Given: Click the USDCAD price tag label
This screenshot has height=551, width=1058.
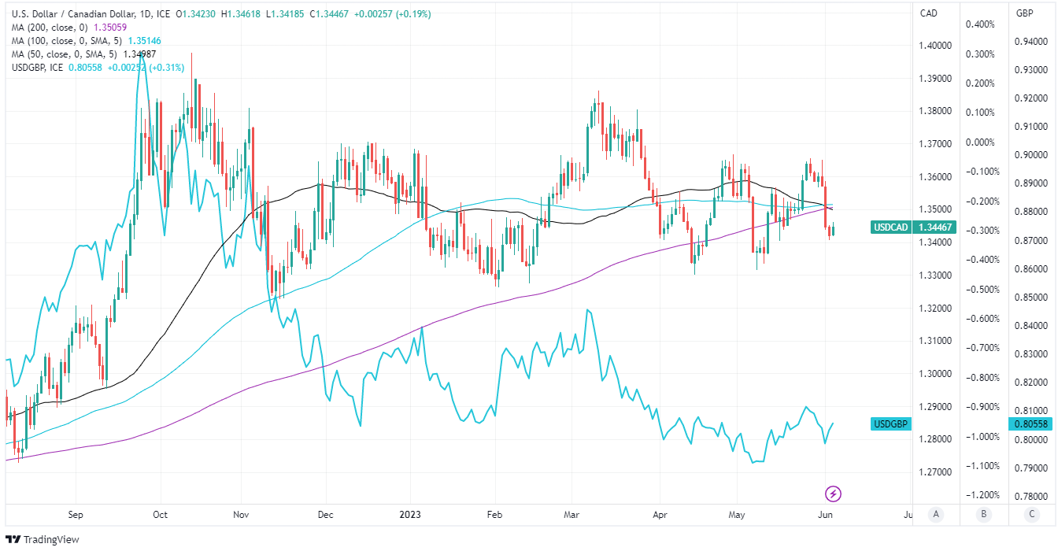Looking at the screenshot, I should [x=892, y=227].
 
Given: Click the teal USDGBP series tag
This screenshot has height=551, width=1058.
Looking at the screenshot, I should [x=891, y=424].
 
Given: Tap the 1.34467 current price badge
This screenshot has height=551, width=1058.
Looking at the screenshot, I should [x=936, y=227].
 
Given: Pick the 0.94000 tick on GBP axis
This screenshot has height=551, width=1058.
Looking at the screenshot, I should [x=1030, y=42].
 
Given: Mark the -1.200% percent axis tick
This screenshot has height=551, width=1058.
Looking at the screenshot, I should [x=980, y=495].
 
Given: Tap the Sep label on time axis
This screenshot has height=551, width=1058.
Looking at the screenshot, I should [x=76, y=515].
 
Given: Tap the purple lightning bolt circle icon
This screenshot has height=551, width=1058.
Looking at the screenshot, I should [x=833, y=494].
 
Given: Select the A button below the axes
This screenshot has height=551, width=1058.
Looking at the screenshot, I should [x=936, y=515].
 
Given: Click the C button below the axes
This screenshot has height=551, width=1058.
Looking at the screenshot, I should [x=1031, y=515].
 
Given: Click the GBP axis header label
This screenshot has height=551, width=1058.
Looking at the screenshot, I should [x=1024, y=13].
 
